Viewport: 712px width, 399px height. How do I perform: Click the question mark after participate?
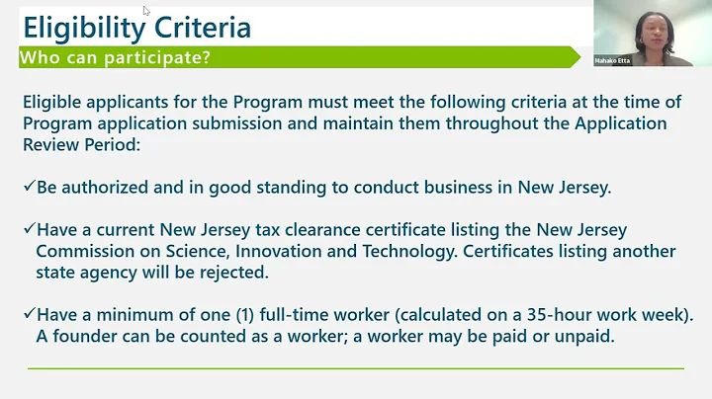pyautogui.click(x=206, y=58)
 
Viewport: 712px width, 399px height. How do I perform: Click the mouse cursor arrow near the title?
pyautogui.click(x=146, y=11)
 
